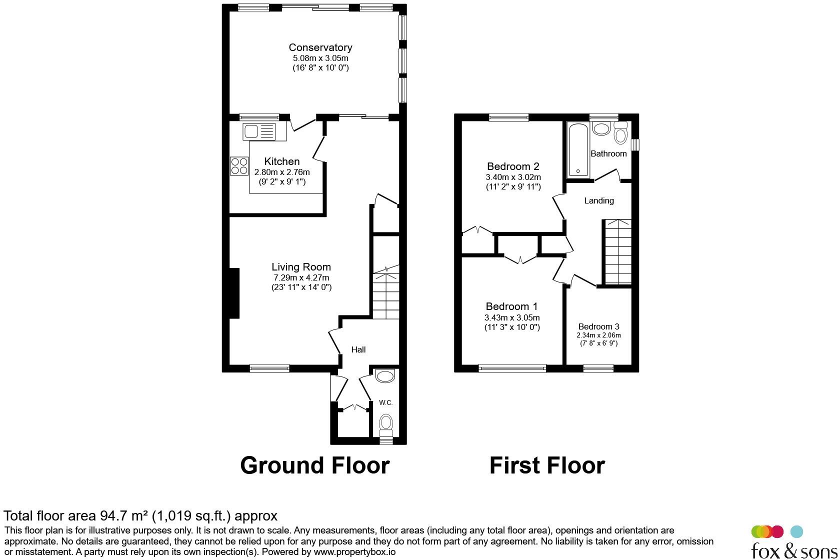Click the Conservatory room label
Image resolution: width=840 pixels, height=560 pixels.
click(320, 47)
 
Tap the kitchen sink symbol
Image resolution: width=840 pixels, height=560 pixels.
click(259, 132)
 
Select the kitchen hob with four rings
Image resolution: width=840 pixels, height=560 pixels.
click(239, 166)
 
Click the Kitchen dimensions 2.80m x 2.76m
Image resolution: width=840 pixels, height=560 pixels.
click(282, 172)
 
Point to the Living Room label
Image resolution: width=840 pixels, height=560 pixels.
click(301, 267)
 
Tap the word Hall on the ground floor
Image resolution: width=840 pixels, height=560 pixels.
click(358, 349)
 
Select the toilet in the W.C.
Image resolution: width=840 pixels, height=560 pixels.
click(385, 424)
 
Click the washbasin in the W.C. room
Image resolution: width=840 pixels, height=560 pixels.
click(385, 376)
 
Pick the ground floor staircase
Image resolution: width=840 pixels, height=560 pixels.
click(386, 295)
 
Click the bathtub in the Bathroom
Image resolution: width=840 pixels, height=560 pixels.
click(578, 149)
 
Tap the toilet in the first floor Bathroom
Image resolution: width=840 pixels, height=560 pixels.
click(620, 134)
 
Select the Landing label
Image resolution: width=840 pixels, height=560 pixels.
click(598, 200)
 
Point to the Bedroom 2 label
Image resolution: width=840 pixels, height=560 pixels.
click(513, 166)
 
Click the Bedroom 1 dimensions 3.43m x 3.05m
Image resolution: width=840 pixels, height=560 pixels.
click(512, 317)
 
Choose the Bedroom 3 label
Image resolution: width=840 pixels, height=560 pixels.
click(598, 326)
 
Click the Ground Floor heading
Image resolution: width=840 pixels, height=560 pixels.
click(314, 465)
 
